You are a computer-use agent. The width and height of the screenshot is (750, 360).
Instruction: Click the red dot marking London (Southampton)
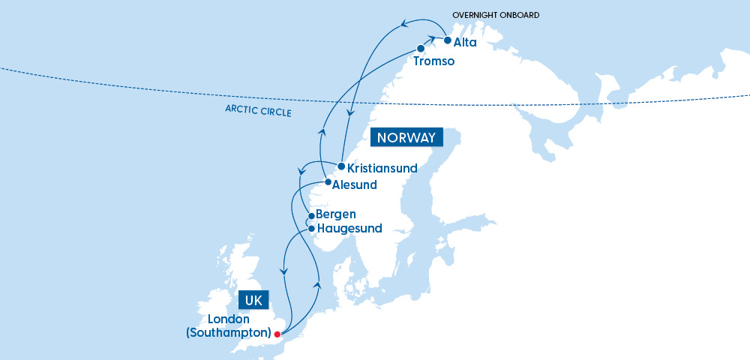click(x=277, y=334)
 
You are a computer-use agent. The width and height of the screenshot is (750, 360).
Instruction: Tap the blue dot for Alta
click(x=447, y=40)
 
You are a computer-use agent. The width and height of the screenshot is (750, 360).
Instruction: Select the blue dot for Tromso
click(x=421, y=49)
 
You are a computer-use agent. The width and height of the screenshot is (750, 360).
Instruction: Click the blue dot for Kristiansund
click(x=340, y=166)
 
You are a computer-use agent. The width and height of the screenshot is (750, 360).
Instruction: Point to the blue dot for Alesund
click(x=328, y=181)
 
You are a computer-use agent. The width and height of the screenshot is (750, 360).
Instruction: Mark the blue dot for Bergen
click(x=311, y=217)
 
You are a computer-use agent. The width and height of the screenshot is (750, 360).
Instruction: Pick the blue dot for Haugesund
click(x=311, y=228)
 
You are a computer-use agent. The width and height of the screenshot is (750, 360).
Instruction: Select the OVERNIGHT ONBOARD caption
click(x=496, y=15)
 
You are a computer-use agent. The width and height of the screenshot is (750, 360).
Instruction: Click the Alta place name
click(x=465, y=43)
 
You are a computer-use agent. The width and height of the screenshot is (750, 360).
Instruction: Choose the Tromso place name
click(x=433, y=61)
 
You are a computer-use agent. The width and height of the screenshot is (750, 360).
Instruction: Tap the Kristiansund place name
click(x=382, y=169)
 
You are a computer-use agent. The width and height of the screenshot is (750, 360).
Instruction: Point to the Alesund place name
click(x=355, y=184)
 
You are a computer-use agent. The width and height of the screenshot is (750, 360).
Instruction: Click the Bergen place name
click(x=336, y=215)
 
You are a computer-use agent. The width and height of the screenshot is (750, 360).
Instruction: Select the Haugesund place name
click(x=349, y=229)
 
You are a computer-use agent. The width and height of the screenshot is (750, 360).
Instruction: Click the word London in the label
click(x=229, y=318)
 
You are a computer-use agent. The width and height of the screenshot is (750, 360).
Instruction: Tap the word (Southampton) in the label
click(x=228, y=332)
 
